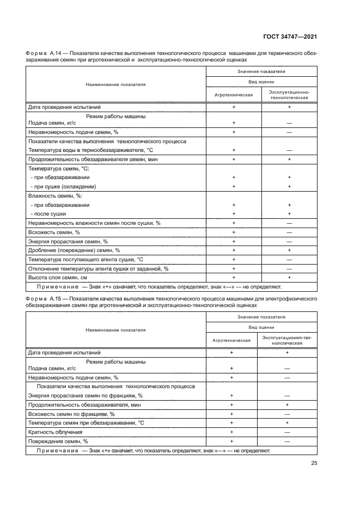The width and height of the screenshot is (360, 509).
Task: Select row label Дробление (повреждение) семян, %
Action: pyautogui.click(x=74, y=250)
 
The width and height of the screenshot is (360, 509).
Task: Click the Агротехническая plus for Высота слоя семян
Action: pyautogui.click(x=234, y=278)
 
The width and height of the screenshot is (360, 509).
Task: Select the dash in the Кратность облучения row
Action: pyautogui.click(x=289, y=432)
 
